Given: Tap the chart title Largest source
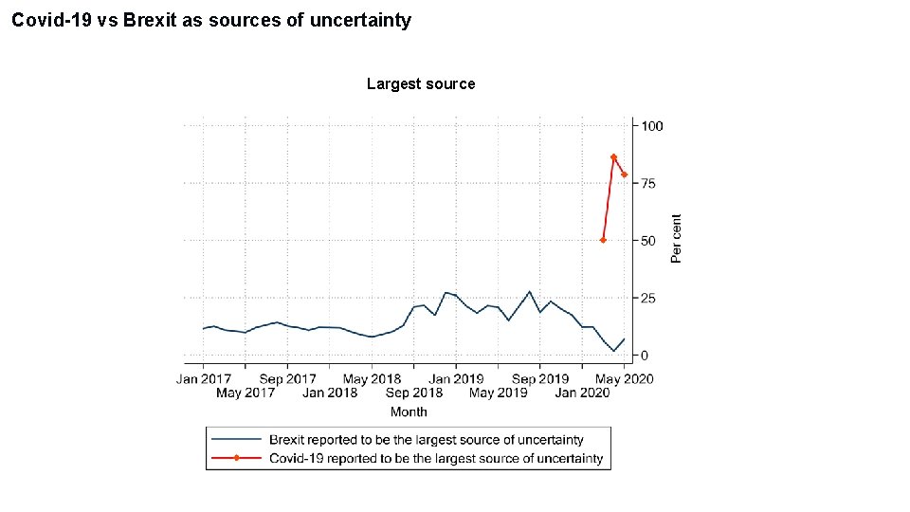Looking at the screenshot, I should (421, 84).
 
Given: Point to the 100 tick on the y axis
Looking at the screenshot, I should (652, 126).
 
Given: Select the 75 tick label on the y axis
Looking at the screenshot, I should (648, 184).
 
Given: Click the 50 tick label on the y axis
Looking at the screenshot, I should (648, 241).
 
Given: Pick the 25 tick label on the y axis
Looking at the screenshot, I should (648, 299).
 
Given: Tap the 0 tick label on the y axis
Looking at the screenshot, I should (645, 356).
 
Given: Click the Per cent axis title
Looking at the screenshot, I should (676, 239).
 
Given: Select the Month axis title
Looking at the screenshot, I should (409, 411).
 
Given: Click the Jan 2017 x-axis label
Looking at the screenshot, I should (203, 379).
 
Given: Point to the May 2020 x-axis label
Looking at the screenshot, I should (624, 379).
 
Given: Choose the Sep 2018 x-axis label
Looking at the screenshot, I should (414, 393).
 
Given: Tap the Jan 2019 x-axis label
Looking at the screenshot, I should (456, 379).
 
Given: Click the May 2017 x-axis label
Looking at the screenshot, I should (246, 393).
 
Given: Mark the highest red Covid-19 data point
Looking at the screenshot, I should (613, 157).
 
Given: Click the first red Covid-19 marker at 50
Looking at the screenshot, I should (603, 241).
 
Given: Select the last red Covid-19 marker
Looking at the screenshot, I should (624, 174).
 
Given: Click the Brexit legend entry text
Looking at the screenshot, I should (427, 440).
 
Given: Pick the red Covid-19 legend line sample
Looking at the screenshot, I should (236, 458).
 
